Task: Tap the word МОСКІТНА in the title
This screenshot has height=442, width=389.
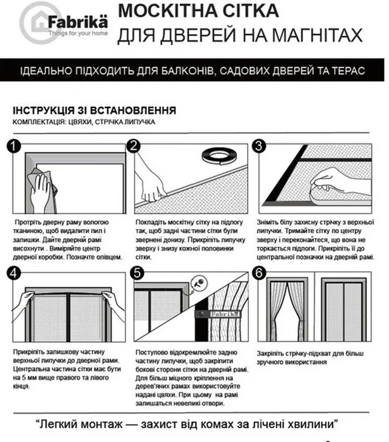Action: click(167, 11)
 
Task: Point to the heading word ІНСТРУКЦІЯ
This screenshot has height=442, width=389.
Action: click(43, 110)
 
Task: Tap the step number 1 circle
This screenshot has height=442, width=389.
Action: click(14, 147)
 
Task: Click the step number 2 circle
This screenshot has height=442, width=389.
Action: click(133, 146)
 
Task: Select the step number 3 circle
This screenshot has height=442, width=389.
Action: click(259, 146)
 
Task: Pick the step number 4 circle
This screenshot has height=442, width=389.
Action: click(14, 273)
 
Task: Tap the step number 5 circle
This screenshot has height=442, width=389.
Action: click(137, 273)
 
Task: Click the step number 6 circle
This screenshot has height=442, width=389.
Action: click(259, 273)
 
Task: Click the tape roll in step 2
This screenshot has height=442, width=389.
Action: click(219, 156)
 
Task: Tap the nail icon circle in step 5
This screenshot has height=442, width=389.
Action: click(199, 283)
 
